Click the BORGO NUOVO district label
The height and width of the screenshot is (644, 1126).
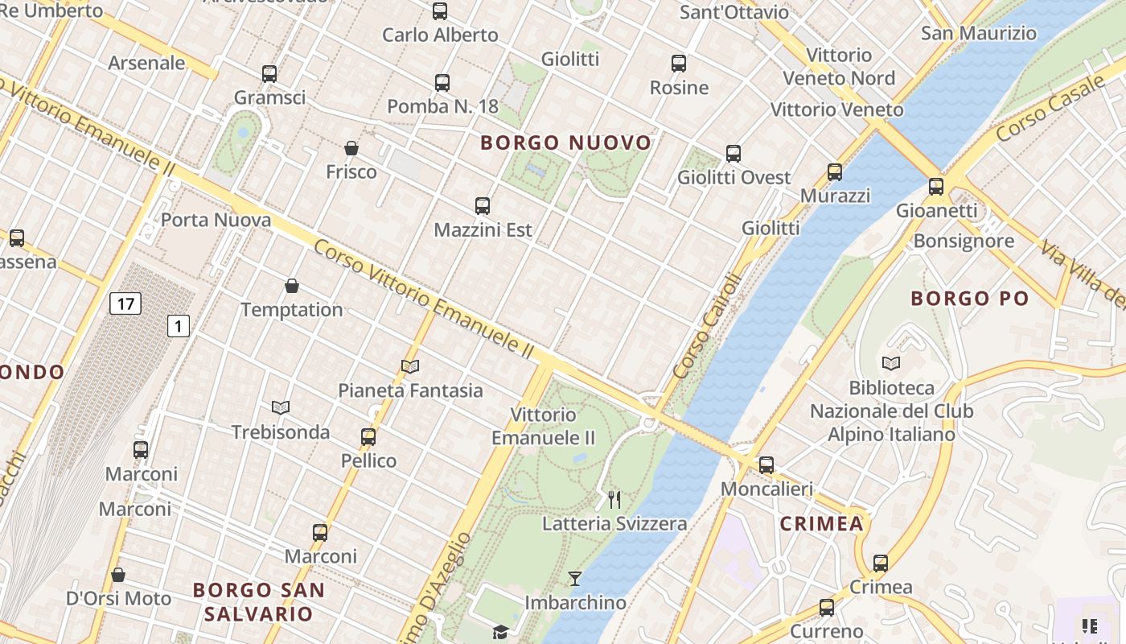565,143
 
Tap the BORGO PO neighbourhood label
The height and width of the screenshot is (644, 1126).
969,299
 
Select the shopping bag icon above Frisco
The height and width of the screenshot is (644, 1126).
351,148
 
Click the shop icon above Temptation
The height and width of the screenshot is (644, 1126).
292,286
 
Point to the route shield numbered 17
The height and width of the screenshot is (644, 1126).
125,303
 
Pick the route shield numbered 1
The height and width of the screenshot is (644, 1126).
178,326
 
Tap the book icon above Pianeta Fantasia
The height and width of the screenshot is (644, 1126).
410,367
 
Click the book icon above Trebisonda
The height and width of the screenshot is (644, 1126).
280,408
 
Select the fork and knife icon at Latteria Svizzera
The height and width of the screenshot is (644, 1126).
614,500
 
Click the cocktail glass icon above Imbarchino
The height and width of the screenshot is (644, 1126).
575,578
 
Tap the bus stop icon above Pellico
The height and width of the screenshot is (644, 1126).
368,437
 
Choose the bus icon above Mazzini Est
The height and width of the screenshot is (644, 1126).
483,206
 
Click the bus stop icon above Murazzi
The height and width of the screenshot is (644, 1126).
835,172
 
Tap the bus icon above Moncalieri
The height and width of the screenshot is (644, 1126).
766,464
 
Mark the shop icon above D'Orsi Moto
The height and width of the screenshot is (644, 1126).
118,575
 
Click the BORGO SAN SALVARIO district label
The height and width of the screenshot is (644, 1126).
259,601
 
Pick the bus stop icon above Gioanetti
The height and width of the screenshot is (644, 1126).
936,187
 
